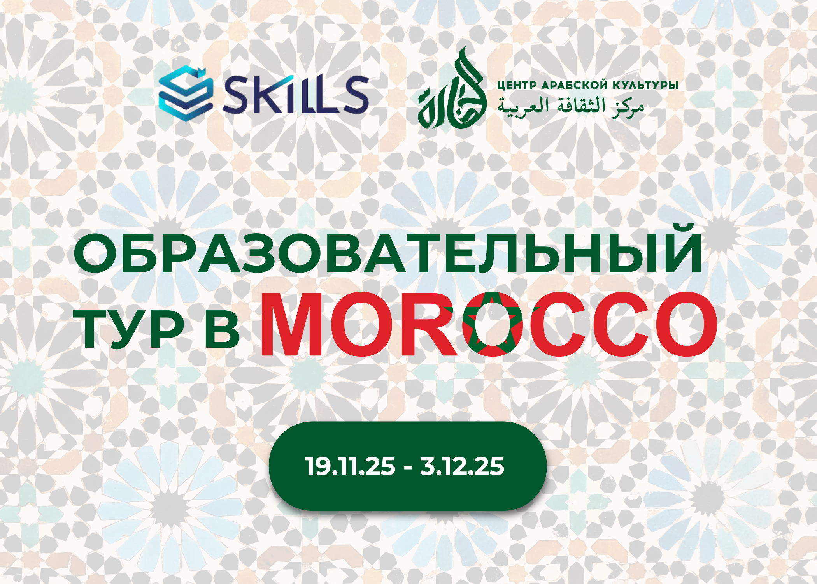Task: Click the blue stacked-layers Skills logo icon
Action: [x=186, y=94]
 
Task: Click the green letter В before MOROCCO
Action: [x=222, y=331]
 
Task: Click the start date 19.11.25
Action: [x=350, y=466]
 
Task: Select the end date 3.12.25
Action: [x=462, y=466]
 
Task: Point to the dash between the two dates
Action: [x=408, y=468]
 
